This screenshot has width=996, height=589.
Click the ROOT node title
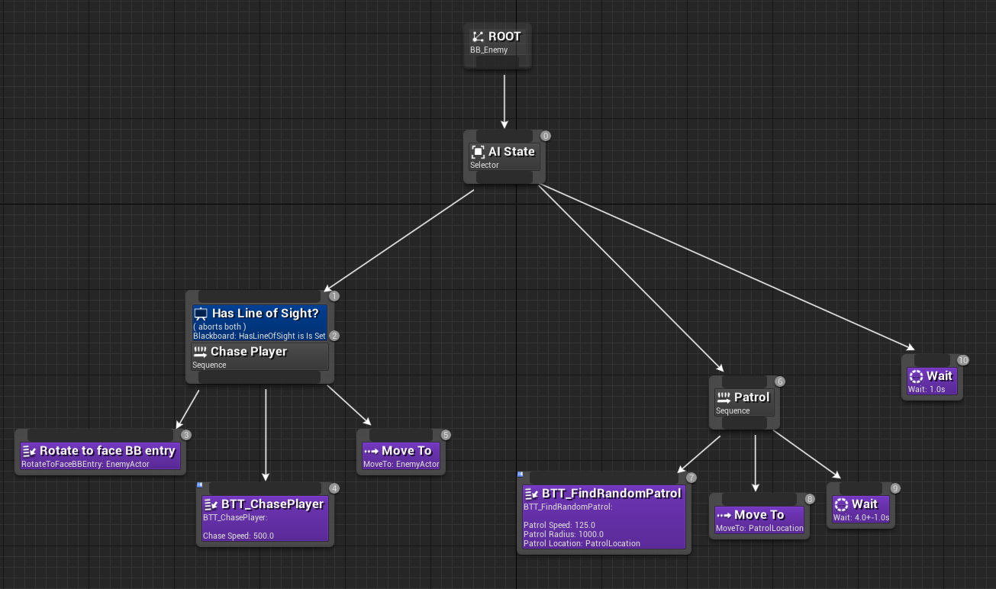[x=504, y=37]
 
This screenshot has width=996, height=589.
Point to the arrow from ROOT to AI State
[x=504, y=99]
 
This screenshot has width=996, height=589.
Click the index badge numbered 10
[x=962, y=360]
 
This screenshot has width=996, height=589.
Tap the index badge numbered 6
[x=779, y=381]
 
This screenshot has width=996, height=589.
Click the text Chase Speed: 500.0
[x=238, y=536]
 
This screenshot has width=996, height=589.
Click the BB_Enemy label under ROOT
[x=489, y=50]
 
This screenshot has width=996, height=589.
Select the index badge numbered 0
[x=545, y=136]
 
